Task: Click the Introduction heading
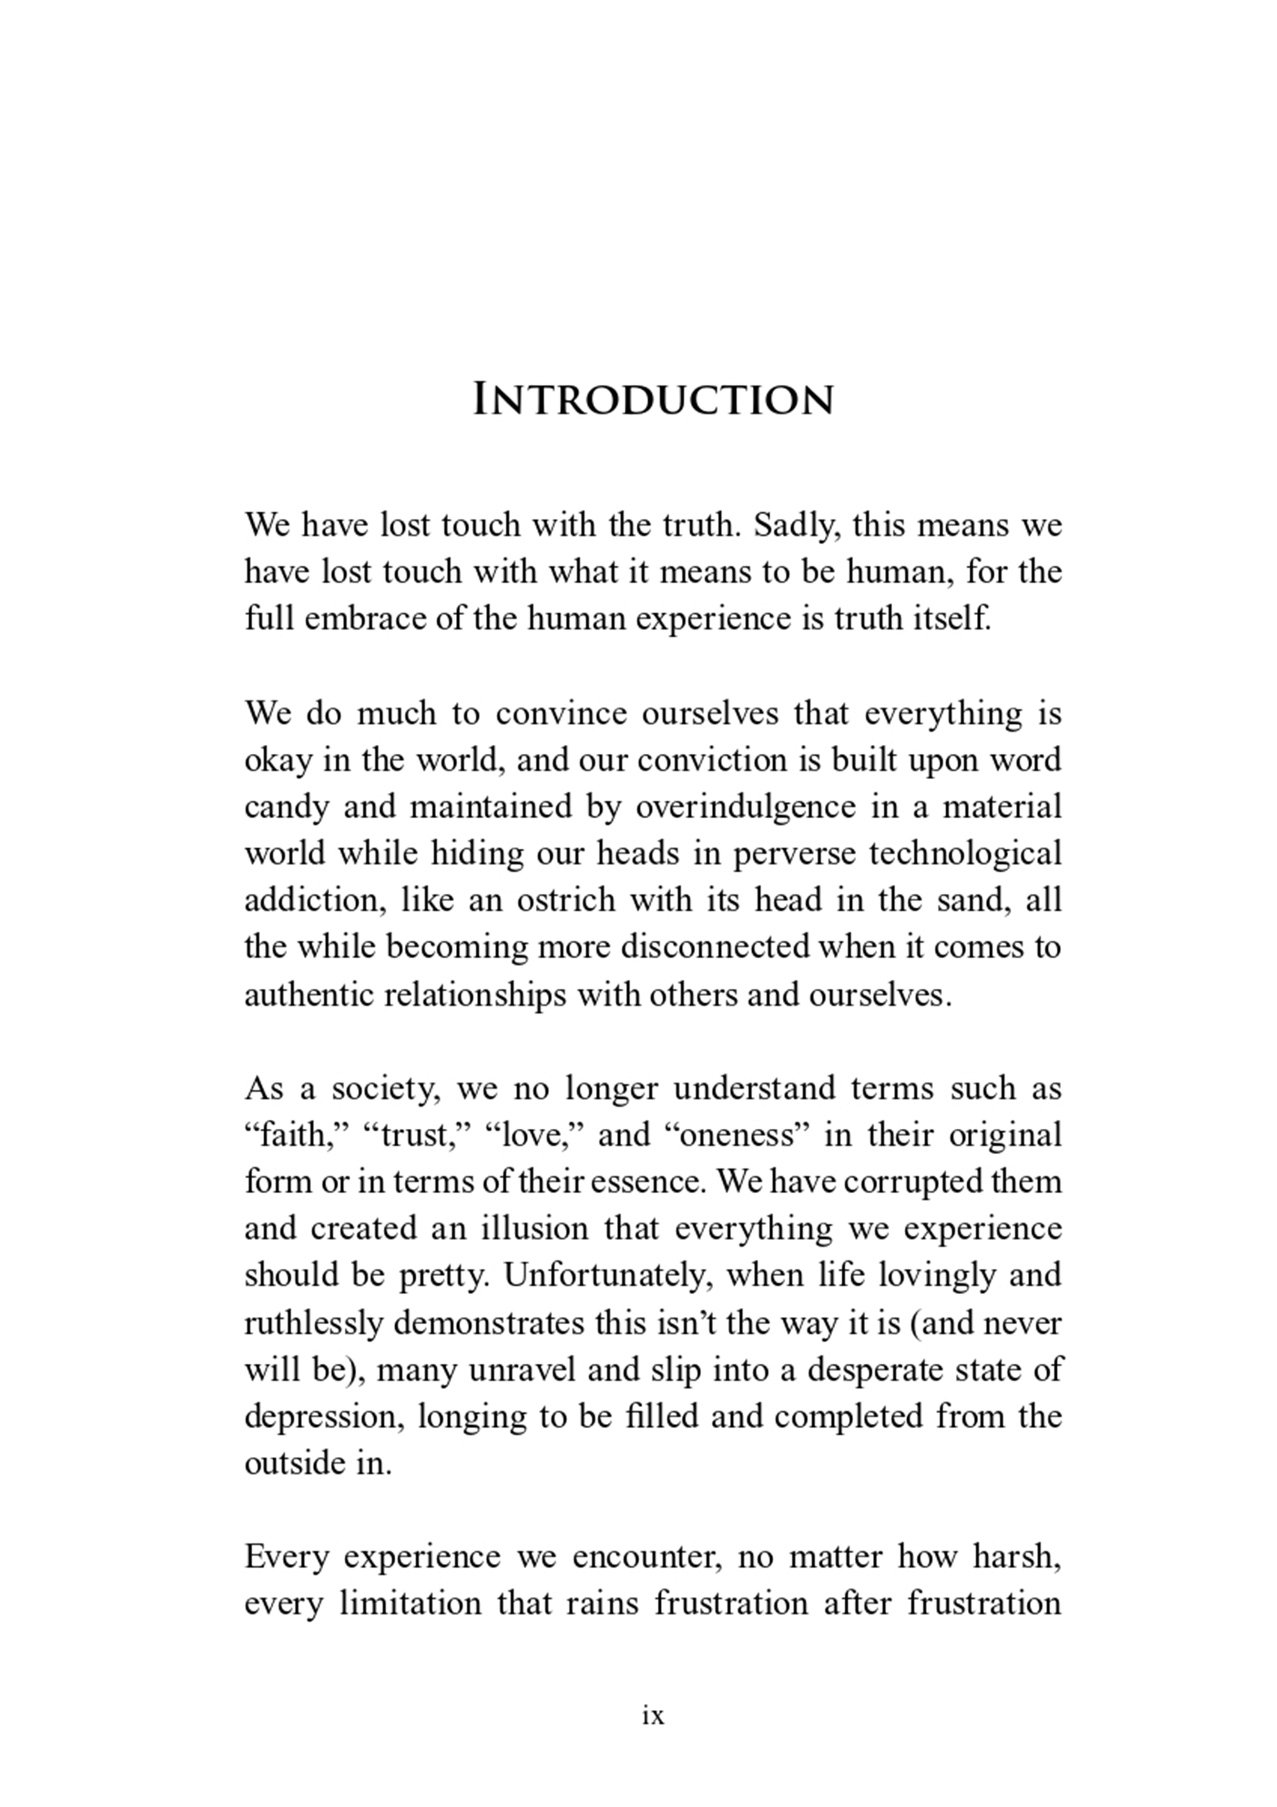[653, 399]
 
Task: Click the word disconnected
[714, 947]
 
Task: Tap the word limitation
[409, 1604]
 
